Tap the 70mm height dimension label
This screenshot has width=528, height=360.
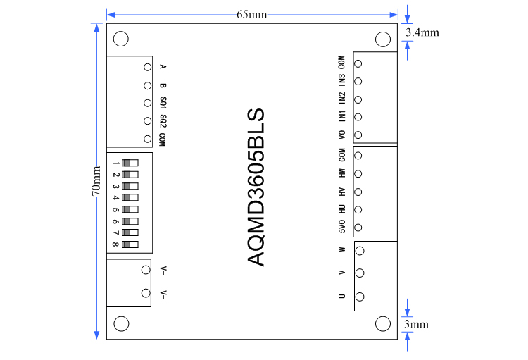(96, 182)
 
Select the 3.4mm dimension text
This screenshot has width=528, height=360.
(422, 32)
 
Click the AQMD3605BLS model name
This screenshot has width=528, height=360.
(257, 187)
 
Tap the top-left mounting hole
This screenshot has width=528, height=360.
(121, 39)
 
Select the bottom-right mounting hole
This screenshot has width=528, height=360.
(383, 323)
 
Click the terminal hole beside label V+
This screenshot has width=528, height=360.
(146, 269)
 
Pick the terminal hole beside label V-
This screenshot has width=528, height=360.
(146, 293)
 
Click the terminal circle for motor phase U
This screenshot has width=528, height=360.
(359, 297)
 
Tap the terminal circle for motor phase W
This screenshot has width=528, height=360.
(359, 249)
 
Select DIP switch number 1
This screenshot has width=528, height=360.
(130, 163)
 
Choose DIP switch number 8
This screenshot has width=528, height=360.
(130, 244)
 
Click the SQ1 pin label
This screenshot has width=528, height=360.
(163, 103)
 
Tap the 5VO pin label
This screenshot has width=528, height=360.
(341, 228)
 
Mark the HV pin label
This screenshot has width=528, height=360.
(341, 192)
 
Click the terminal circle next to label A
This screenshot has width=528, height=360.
(147, 67)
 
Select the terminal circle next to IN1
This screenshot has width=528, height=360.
(358, 117)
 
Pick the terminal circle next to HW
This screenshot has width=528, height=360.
(358, 174)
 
